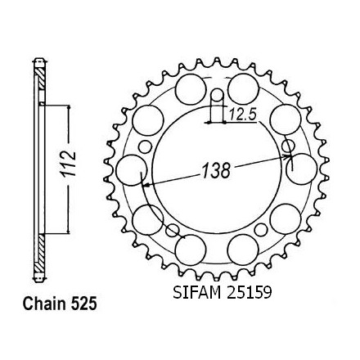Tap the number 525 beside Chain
click(84, 304)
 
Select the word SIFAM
click(197, 293)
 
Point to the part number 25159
click(248, 293)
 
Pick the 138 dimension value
click(216, 170)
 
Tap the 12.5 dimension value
click(242, 115)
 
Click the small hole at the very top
click(218, 95)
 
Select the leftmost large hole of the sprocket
click(132, 170)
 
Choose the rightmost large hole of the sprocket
click(302, 169)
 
